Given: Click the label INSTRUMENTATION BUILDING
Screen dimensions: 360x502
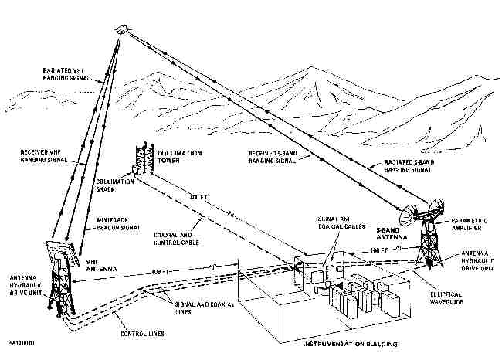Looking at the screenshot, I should pos(351,342).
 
